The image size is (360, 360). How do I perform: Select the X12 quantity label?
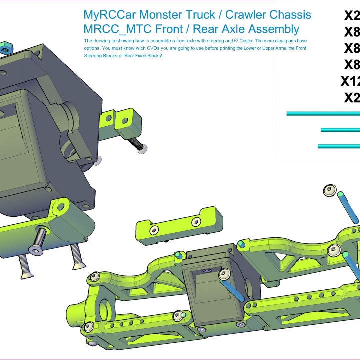tap(350, 81)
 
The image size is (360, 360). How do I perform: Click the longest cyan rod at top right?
tap(323, 114)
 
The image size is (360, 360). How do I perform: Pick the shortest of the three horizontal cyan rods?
tap(340, 130)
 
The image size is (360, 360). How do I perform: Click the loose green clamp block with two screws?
tap(174, 223)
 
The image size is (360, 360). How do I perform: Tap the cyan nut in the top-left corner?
tap(5, 49)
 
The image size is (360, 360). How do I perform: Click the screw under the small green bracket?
tap(140, 145)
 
